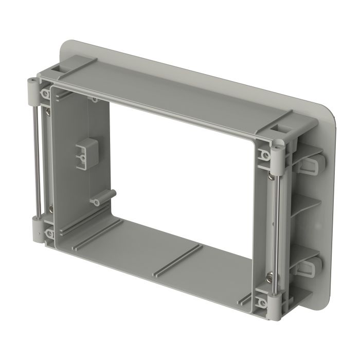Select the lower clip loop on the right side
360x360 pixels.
[x=311, y=265]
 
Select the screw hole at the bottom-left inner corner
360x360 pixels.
[x=50, y=235]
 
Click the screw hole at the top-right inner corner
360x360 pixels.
[x=266, y=154]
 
